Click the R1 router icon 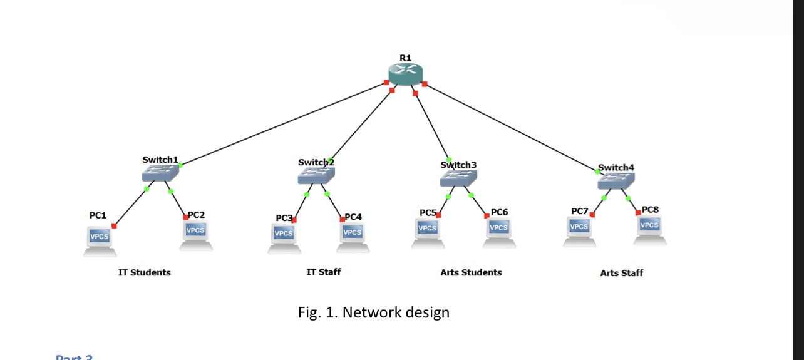[406, 75]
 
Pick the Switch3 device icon [458, 179]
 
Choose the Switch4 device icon [616, 182]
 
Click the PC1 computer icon [100, 240]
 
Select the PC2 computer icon [196, 235]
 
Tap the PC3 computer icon [284, 237]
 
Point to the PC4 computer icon [353, 237]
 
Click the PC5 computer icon [428, 232]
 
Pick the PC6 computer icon [499, 232]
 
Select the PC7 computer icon [579, 230]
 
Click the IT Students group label [145, 272]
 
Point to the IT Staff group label [324, 272]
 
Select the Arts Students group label [471, 272]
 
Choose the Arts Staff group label [621, 273]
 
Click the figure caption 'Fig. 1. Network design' [374, 312]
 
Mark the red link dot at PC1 [114, 225]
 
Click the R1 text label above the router [405, 58]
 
